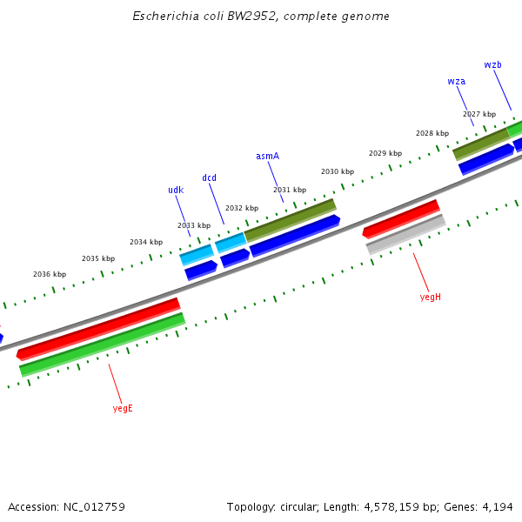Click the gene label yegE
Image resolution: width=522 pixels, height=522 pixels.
pos(123,408)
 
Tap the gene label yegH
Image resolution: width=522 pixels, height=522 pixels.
pos(430,297)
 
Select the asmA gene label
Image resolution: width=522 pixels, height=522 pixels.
pos(267,157)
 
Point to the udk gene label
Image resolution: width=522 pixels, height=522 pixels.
pos(176,191)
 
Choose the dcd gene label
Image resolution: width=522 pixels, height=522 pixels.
pos(209,178)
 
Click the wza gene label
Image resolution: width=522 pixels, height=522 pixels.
pos(456,82)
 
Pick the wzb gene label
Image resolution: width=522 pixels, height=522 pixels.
pos(492,65)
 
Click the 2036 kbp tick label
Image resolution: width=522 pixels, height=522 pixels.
pos(50,274)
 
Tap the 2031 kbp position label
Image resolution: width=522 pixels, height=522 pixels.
pos(290,190)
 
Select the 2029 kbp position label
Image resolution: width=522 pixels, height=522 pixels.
pos(385,153)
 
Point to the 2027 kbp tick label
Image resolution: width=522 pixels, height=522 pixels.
pos(479,114)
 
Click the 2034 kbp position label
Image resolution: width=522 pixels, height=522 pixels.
pos(146,242)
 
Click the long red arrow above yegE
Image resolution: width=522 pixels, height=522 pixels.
pos(98,329)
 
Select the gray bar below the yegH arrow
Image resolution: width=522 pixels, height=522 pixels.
pos(405,235)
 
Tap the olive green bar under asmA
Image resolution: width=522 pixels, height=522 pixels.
pos(290,221)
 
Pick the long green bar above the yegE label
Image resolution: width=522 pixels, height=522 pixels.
pos(103,345)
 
